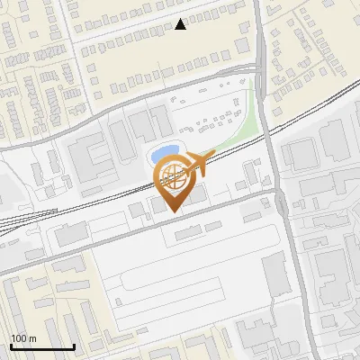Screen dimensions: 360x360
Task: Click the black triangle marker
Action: tap(181, 24)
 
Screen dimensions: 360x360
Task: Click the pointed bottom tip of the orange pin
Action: tap(174, 213)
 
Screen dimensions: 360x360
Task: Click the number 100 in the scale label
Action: tap(19, 339)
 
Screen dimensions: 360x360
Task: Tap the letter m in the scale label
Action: tap(32, 339)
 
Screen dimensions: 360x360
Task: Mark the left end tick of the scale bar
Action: tap(11, 346)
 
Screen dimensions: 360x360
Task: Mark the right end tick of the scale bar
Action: tap(73, 346)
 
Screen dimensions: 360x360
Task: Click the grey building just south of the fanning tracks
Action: tap(68, 236)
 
